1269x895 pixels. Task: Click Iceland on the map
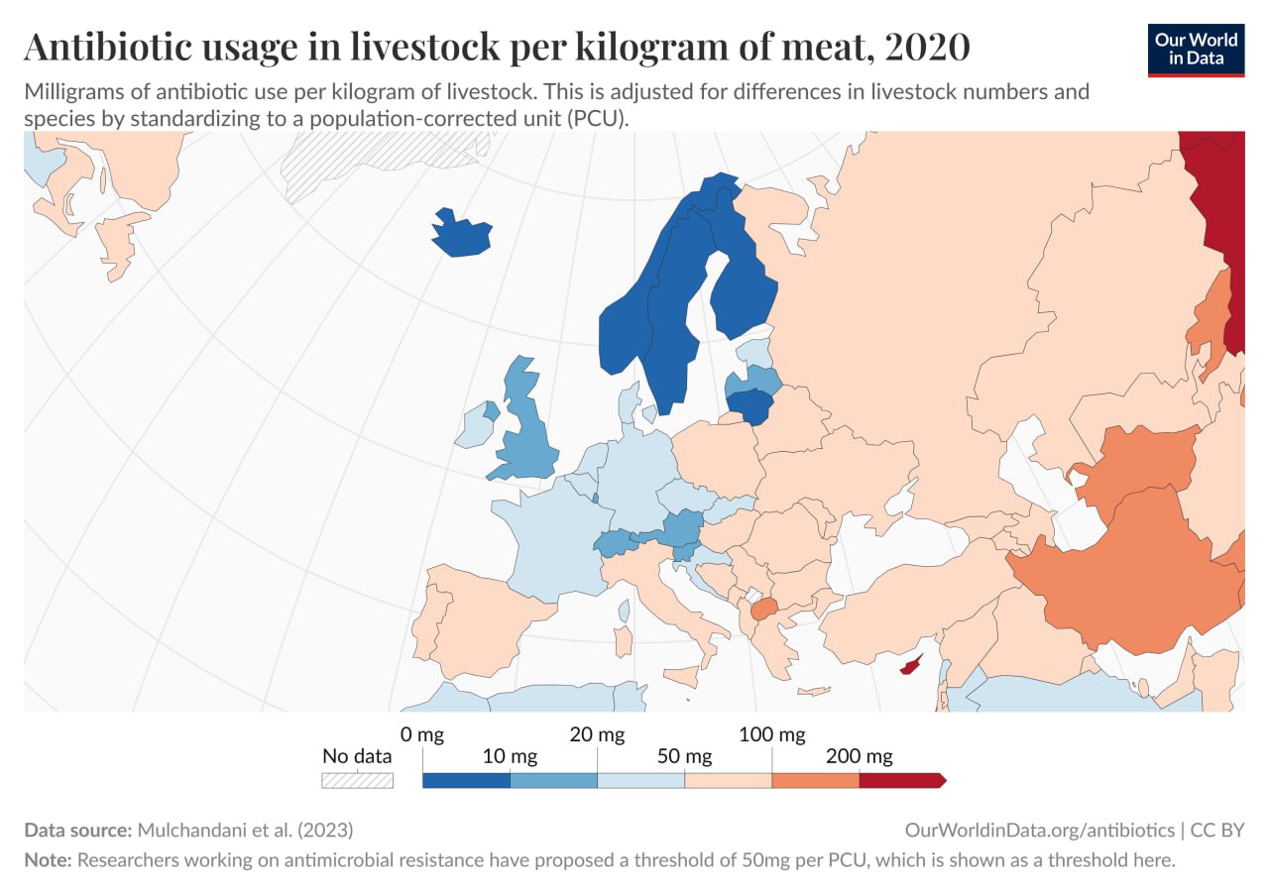[x=461, y=235]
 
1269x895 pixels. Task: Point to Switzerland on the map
[x=616, y=542]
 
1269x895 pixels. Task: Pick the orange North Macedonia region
[x=763, y=610]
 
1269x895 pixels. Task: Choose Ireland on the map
[x=474, y=428]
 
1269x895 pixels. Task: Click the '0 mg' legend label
[x=421, y=734]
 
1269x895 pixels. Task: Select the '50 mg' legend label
[x=685, y=757]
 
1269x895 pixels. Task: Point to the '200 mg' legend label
[x=860, y=757]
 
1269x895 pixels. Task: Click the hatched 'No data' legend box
[x=357, y=780]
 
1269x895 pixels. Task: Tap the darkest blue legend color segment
[x=466, y=780]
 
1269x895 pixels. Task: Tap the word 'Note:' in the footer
[x=48, y=860]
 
